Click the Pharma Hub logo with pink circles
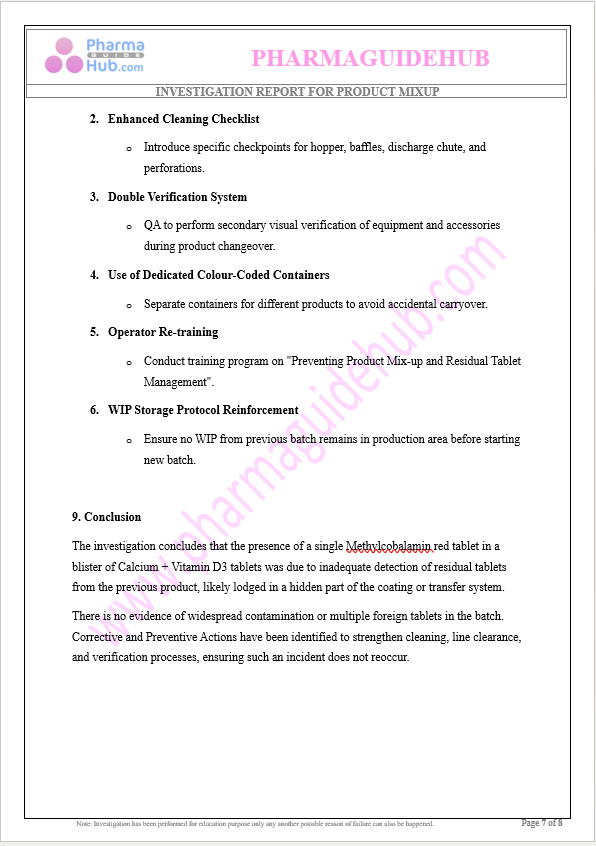tap(94, 56)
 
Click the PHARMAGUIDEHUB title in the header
tap(370, 58)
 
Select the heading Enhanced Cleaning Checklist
tap(183, 119)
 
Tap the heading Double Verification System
tap(177, 197)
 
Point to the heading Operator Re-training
tap(163, 332)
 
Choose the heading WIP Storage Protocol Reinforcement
tap(203, 410)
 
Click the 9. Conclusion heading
tap(106, 517)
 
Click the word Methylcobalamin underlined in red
tap(389, 546)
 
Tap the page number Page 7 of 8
tap(542, 823)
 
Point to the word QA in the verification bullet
tap(152, 225)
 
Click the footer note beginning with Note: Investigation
tap(255, 824)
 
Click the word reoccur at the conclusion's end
tap(388, 657)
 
